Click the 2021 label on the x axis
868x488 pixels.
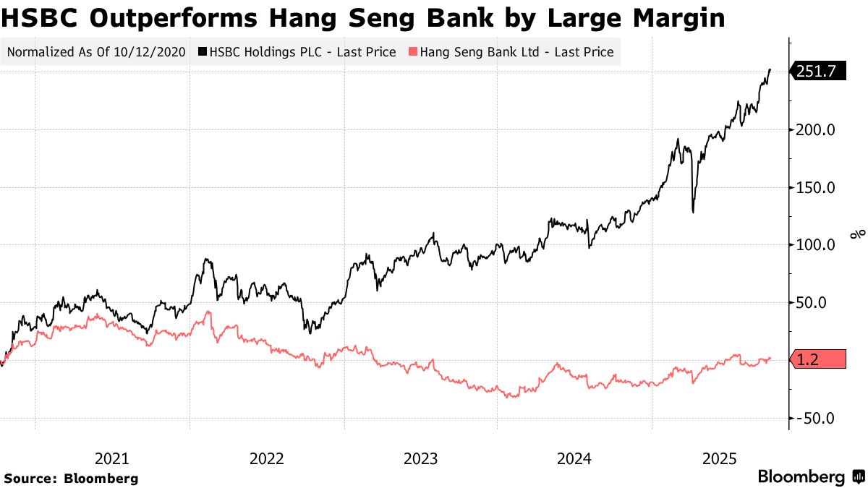pos(112,458)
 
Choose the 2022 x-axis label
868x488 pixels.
pos(267,458)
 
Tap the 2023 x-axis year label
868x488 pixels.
pos(421,458)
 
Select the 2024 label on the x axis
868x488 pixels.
pos(575,458)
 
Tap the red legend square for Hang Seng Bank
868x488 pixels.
pos(413,52)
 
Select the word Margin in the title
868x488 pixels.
pos(673,18)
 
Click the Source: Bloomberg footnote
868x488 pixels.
pos(71,478)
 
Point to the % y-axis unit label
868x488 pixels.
pos(859,234)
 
